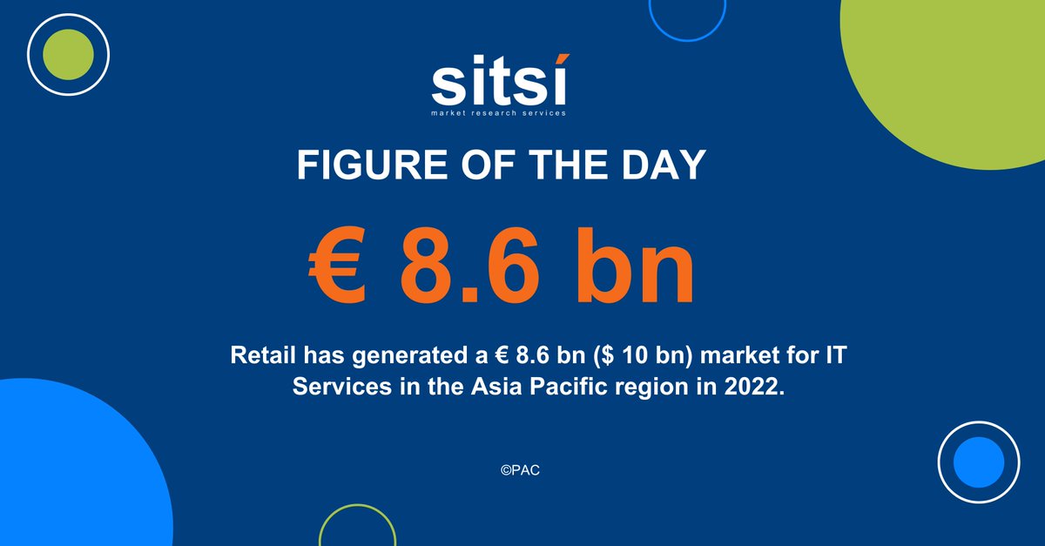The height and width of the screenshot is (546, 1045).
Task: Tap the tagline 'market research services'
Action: (499, 113)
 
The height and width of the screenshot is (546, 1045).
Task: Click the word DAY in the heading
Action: (666, 165)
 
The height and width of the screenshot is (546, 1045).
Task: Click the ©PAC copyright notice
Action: (522, 468)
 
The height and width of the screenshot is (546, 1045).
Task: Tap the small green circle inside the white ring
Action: (68, 54)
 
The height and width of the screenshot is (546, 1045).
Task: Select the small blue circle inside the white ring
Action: (979, 462)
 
